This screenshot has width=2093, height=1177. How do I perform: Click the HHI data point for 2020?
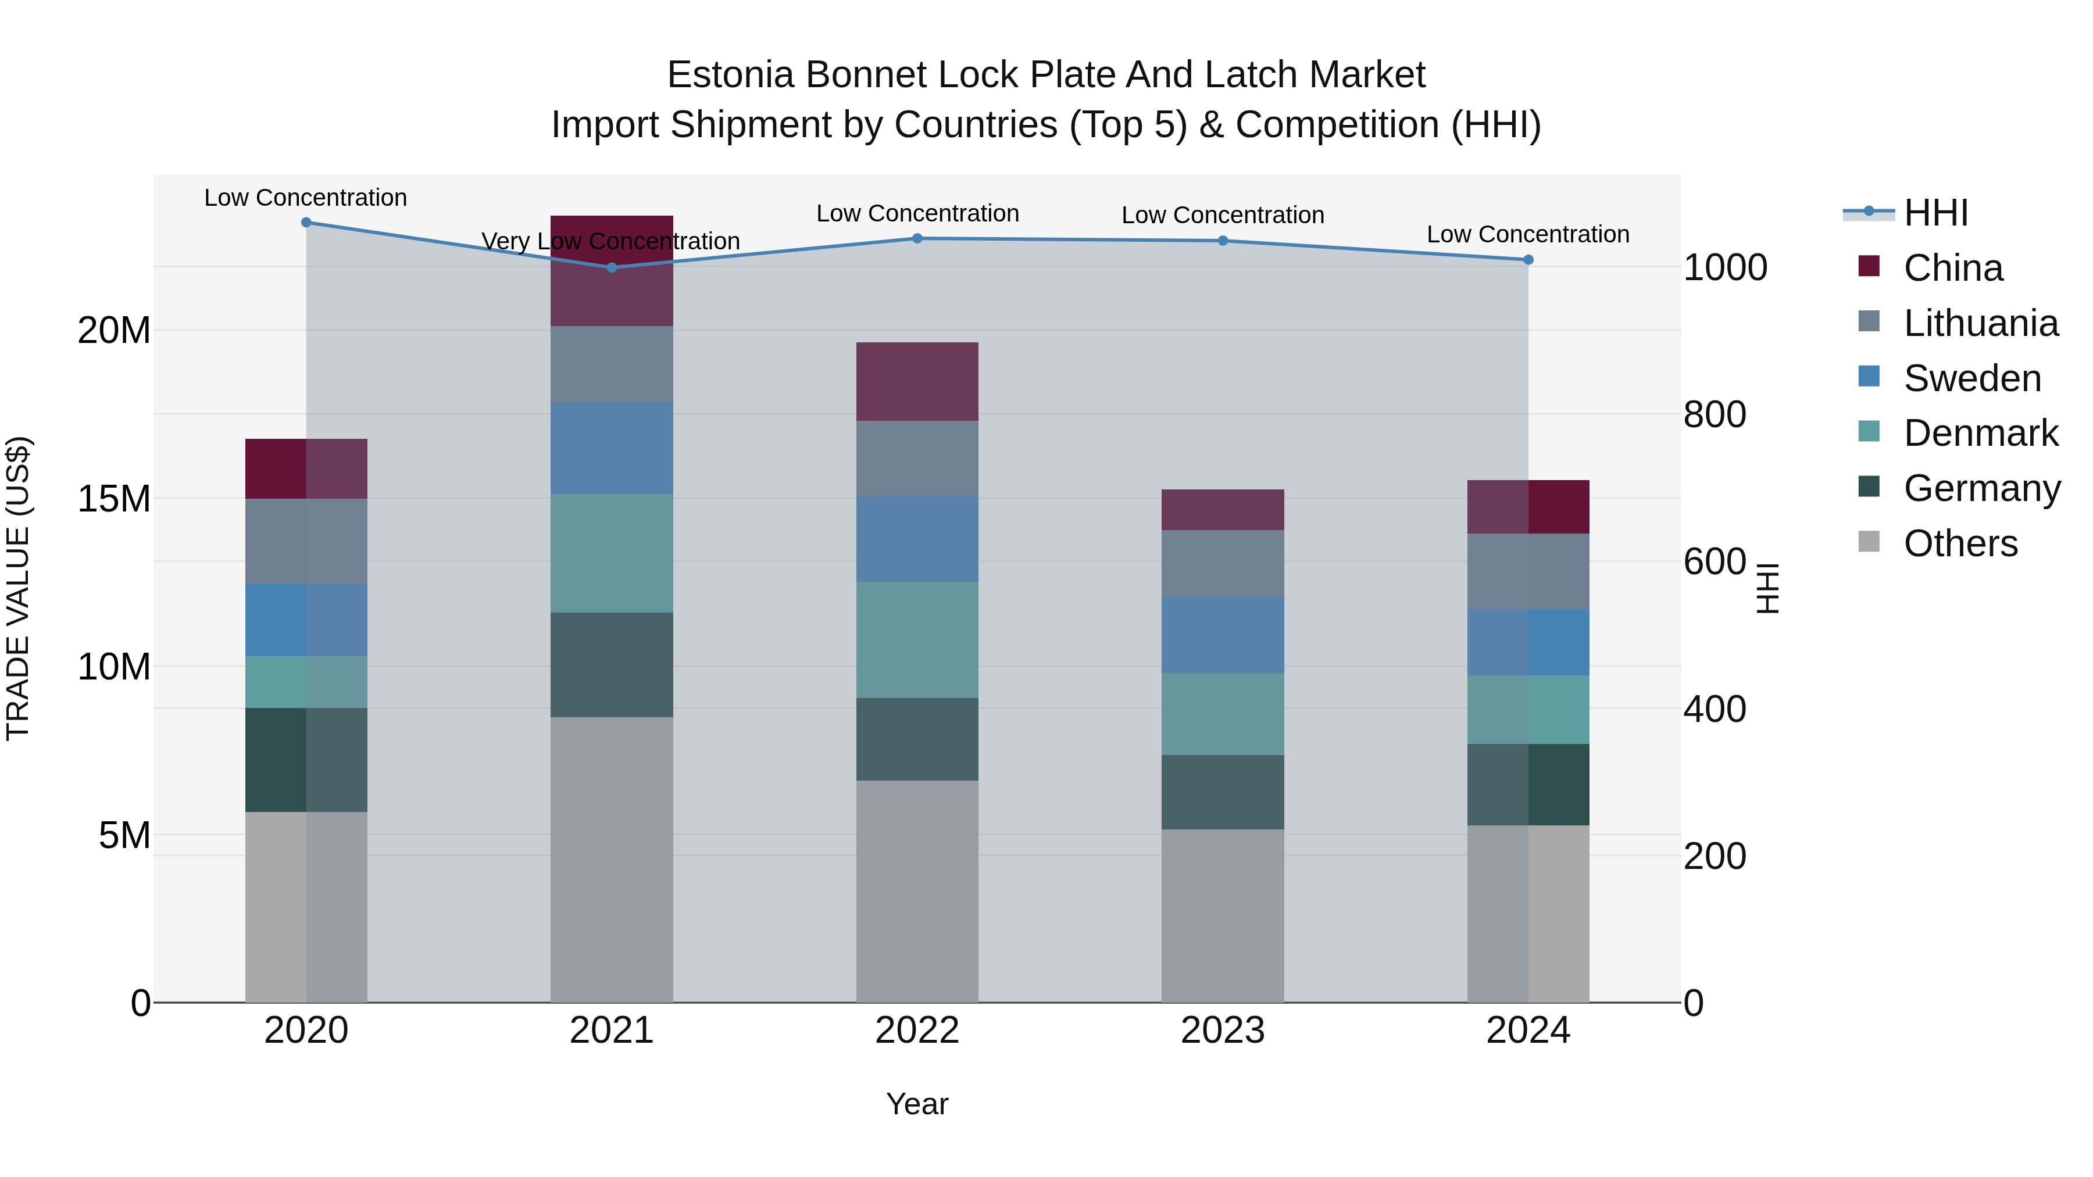coord(306,223)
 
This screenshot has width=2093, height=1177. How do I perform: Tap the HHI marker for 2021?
coord(612,267)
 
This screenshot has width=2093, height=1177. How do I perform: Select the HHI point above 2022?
coord(917,238)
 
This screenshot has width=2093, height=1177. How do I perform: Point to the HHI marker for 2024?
coord(1528,260)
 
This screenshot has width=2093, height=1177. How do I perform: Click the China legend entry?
coord(1952,268)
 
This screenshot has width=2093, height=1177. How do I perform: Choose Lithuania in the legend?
coord(1980,323)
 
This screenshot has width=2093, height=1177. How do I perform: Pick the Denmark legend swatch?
coord(1869,431)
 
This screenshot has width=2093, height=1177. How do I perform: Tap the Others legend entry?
coord(1960,543)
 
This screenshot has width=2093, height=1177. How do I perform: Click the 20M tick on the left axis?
coord(114,331)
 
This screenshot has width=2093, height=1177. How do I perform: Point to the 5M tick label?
coord(124,835)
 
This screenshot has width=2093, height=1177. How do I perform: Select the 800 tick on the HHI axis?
coord(1715,415)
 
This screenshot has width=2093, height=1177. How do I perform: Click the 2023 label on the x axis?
coord(1223,1031)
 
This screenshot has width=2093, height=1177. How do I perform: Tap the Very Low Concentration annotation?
coord(610,241)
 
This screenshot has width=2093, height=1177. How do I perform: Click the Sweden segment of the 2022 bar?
coord(917,539)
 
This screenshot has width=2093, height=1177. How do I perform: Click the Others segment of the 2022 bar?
coord(917,891)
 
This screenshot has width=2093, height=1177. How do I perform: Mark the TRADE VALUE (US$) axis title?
coord(18,588)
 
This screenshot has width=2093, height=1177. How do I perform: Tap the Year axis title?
coord(917,1104)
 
